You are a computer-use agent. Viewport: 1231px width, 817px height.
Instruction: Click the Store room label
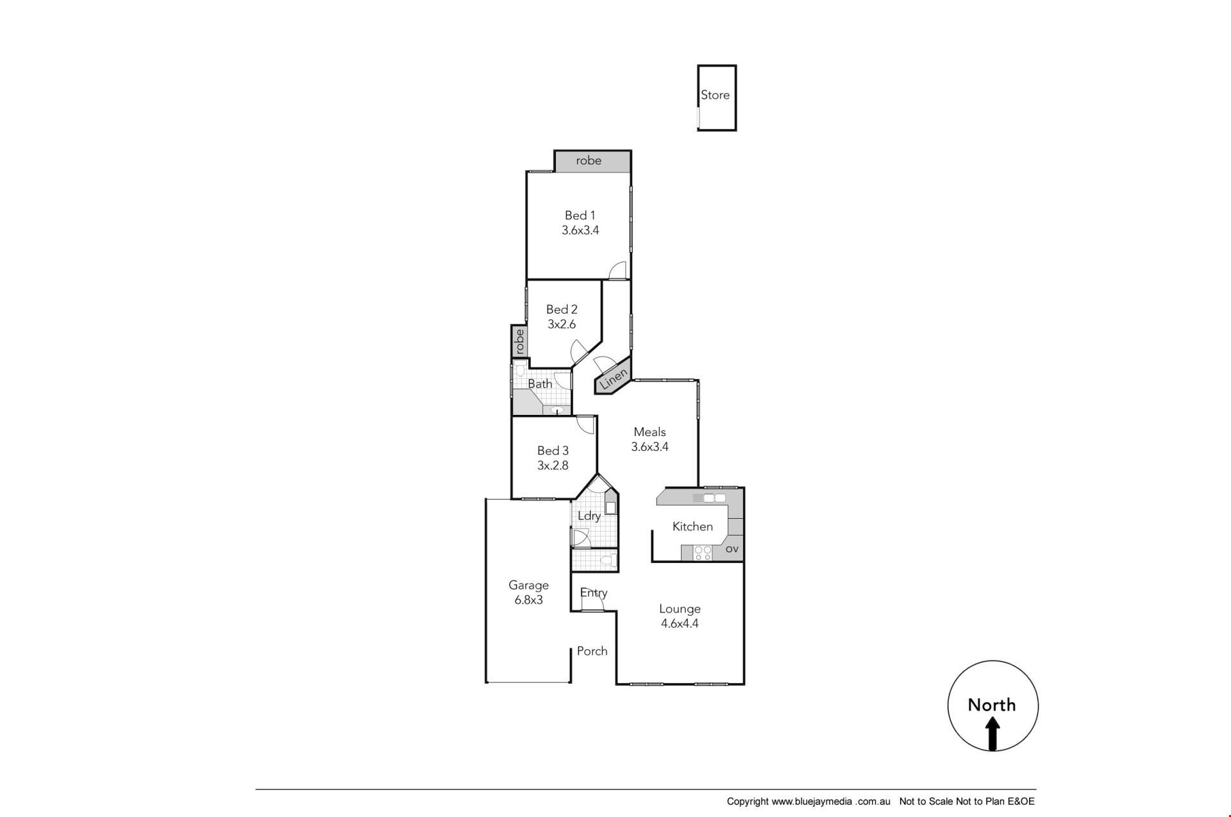pos(715,95)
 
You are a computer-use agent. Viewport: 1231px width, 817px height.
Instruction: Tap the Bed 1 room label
pos(580,215)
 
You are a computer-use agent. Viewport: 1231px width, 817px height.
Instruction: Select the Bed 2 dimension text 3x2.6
pos(562,324)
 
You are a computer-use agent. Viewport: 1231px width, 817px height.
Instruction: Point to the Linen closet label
pos(614,378)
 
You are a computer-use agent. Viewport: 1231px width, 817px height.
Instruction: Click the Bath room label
pos(540,383)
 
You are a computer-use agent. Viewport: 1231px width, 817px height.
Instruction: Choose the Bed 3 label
pos(553,451)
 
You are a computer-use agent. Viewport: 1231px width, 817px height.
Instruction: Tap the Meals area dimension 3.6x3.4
pos(650,447)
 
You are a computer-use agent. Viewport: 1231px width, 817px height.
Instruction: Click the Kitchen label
pos(692,526)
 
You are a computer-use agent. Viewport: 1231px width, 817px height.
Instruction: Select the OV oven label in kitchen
pos(732,549)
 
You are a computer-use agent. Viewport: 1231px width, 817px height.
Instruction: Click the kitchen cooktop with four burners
pos(703,553)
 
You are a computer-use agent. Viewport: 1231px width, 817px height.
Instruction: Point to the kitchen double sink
pos(714,498)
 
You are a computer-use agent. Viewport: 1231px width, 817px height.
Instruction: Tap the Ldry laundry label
pos(589,516)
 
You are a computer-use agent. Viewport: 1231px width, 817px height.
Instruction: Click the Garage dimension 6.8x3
pos(529,600)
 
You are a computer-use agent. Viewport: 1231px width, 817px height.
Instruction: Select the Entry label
pos(594,593)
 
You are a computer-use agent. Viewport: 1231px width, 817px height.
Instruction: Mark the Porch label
pos(592,651)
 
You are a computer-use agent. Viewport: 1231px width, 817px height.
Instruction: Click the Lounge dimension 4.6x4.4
pos(680,623)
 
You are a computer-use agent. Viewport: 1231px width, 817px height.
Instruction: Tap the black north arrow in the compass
pos(992,733)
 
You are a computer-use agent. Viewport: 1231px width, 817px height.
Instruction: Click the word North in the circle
pos(992,705)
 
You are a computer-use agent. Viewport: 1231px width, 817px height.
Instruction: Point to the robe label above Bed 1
pos(589,160)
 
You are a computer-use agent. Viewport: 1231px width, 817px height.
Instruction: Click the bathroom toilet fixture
pos(520,371)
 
